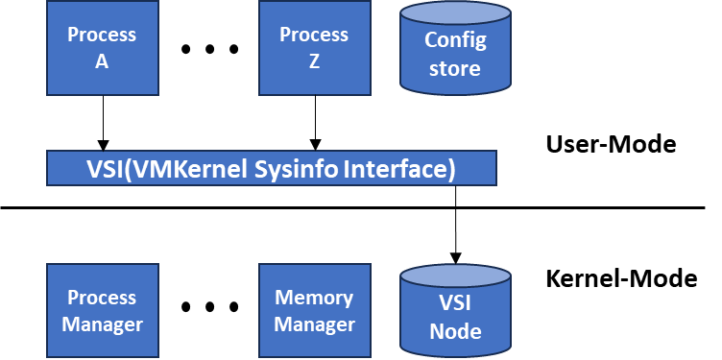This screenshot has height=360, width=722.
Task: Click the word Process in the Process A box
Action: click(102, 36)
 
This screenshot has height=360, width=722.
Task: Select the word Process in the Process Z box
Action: click(314, 35)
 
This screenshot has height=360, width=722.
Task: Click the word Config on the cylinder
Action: click(455, 41)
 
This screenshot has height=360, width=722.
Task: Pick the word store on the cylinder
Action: click(455, 69)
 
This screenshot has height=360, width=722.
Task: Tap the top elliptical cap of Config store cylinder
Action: click(455, 13)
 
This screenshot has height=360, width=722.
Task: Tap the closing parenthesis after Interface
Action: click(450, 169)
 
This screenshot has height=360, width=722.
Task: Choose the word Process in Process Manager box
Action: click(102, 298)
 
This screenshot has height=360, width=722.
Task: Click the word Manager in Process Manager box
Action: click(102, 324)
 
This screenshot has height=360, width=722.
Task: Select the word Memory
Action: click(314, 298)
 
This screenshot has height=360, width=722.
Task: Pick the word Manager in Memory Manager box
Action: click(314, 324)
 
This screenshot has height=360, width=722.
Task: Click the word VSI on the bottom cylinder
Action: click(455, 305)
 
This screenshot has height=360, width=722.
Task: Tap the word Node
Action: click(455, 332)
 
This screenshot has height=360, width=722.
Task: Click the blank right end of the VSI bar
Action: click(477, 169)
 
